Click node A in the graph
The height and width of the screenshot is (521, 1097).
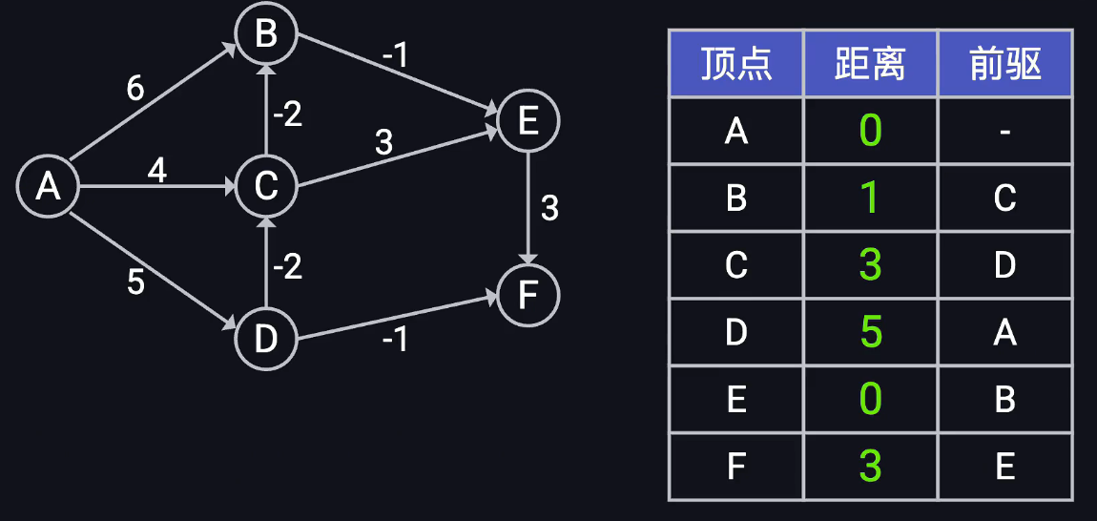point(48,186)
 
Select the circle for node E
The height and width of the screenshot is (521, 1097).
point(528,121)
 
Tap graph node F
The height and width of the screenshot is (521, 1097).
point(528,296)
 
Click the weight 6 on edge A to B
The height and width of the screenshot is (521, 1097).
point(135,89)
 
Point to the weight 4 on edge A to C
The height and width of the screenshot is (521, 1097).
point(156,171)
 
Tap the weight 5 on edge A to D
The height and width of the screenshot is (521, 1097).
point(135,283)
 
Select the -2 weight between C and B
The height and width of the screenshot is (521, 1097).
point(287,115)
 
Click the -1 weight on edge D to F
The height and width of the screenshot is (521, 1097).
point(395,338)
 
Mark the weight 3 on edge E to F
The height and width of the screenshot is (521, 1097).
point(549,208)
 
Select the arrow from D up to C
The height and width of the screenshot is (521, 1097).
point(266,262)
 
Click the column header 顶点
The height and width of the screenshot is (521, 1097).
point(735,64)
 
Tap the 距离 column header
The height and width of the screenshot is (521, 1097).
point(870,64)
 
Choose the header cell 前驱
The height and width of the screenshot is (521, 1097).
point(1004,64)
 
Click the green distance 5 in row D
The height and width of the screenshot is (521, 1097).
point(870,332)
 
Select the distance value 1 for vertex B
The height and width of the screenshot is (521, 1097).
point(870,198)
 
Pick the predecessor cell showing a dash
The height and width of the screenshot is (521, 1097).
point(1004,131)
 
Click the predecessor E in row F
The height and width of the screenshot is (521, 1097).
point(1004,467)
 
